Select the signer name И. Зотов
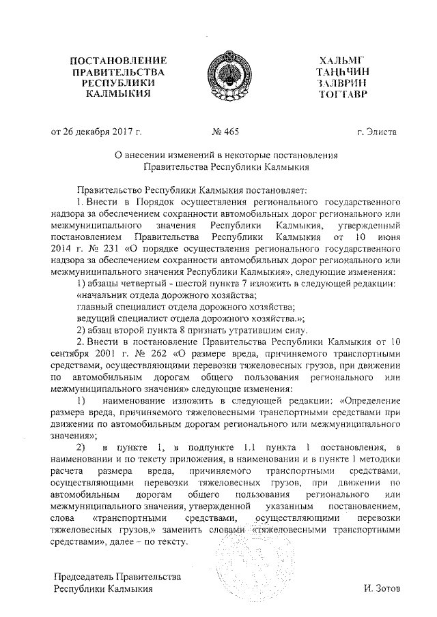(x=384, y=588)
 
